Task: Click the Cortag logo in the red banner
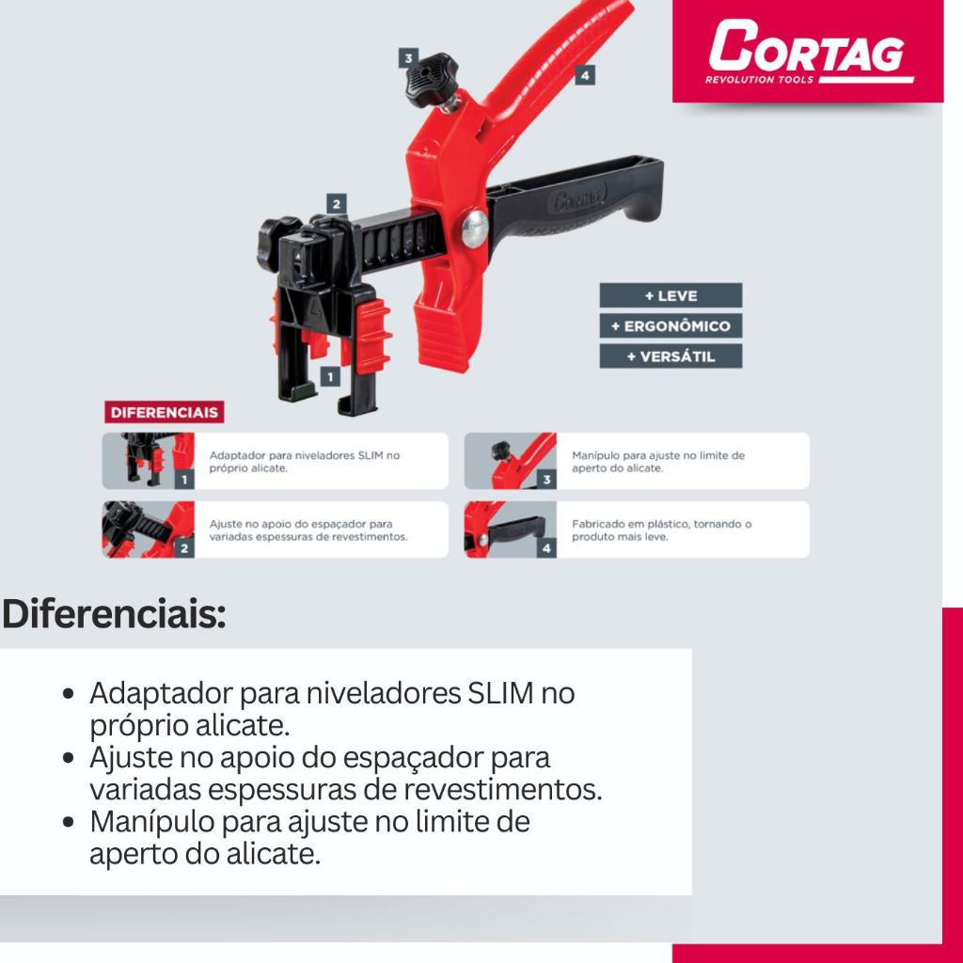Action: click(x=808, y=51)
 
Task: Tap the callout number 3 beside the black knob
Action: click(x=408, y=58)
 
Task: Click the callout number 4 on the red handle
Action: click(x=585, y=75)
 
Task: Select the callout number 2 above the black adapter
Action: click(x=336, y=204)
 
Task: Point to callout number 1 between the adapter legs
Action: click(x=330, y=376)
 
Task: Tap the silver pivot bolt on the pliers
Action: click(x=475, y=229)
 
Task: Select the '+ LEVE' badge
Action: click(x=671, y=295)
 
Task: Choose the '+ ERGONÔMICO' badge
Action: click(x=671, y=325)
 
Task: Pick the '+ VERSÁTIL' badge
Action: click(x=671, y=356)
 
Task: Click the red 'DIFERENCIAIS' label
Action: click(x=164, y=412)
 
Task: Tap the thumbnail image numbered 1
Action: click(x=148, y=461)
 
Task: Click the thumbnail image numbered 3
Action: click(x=511, y=461)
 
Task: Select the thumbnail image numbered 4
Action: click(x=511, y=529)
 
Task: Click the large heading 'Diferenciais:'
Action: click(x=114, y=614)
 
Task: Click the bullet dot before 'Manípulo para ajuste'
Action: click(x=69, y=822)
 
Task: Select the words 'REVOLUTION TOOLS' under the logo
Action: click(x=759, y=79)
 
